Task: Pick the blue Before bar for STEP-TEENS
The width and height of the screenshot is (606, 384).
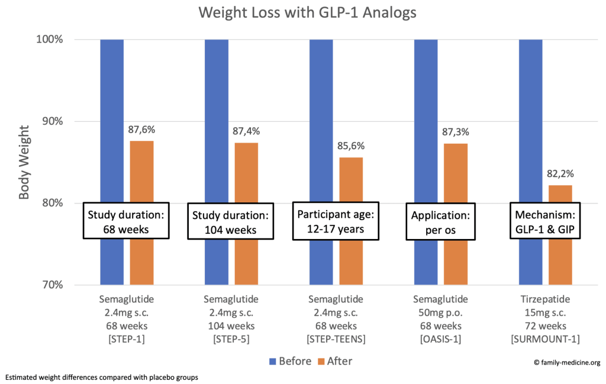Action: point(321,118)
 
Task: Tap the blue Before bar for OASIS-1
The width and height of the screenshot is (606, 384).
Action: point(426,118)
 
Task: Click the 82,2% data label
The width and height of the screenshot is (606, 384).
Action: point(560,175)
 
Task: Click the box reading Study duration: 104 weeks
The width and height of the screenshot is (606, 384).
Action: point(231,222)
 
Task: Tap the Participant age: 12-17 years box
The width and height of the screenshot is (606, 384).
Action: point(336,221)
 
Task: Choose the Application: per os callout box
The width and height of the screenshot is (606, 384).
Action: point(440,221)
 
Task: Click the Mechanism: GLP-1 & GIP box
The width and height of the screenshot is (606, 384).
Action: point(545,221)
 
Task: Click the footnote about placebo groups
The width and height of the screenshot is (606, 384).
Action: point(101,377)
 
